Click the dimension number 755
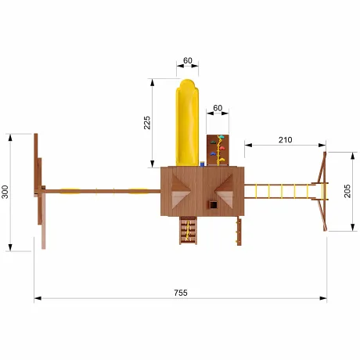point(181,293)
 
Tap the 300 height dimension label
point(5,192)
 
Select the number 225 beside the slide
point(147,123)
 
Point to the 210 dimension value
point(285,140)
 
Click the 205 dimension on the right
point(347,191)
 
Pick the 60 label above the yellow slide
point(188,60)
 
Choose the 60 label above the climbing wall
point(218,108)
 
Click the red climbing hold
point(222,148)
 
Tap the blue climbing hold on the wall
point(213,154)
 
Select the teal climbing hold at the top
point(221,137)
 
